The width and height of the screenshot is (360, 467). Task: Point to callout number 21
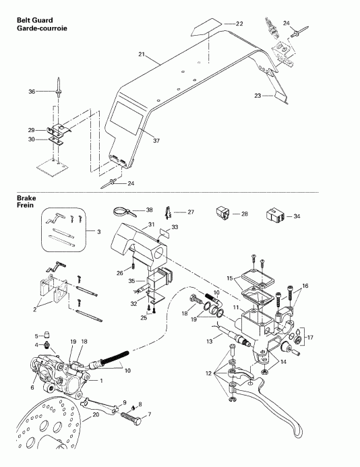point(142,54)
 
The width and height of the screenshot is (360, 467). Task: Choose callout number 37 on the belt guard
point(157,140)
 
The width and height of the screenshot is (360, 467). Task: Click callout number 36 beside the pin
point(31,92)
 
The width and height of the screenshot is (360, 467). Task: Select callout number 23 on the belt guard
point(258,96)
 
